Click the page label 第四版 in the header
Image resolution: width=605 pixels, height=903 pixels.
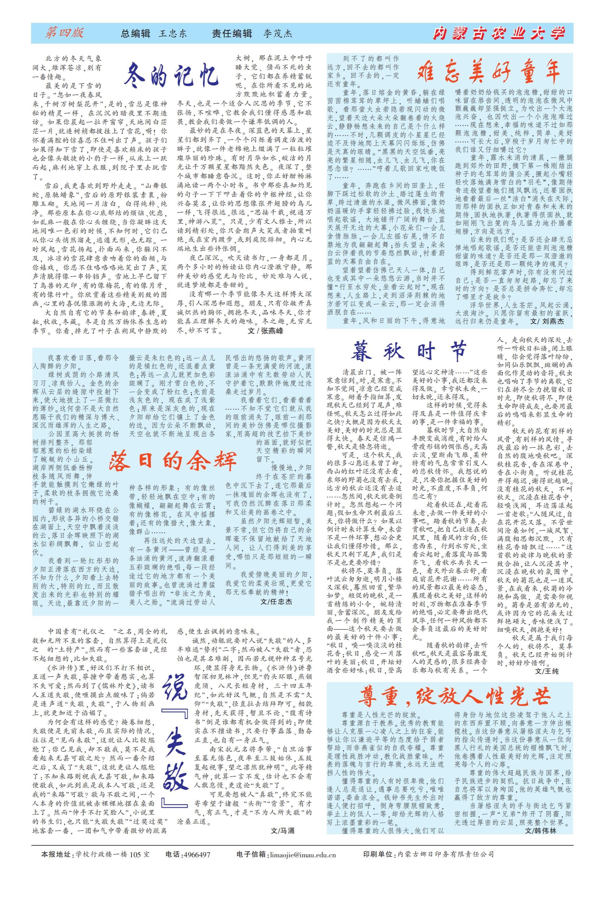[x=64, y=33]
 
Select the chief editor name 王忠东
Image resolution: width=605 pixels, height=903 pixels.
[x=173, y=34]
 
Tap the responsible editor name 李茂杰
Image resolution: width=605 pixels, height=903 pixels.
[x=278, y=34]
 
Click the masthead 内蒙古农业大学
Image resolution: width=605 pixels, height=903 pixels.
[x=499, y=34]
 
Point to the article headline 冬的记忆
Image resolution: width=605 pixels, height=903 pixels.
[x=172, y=74]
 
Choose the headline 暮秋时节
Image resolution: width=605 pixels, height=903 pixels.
[x=409, y=351]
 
